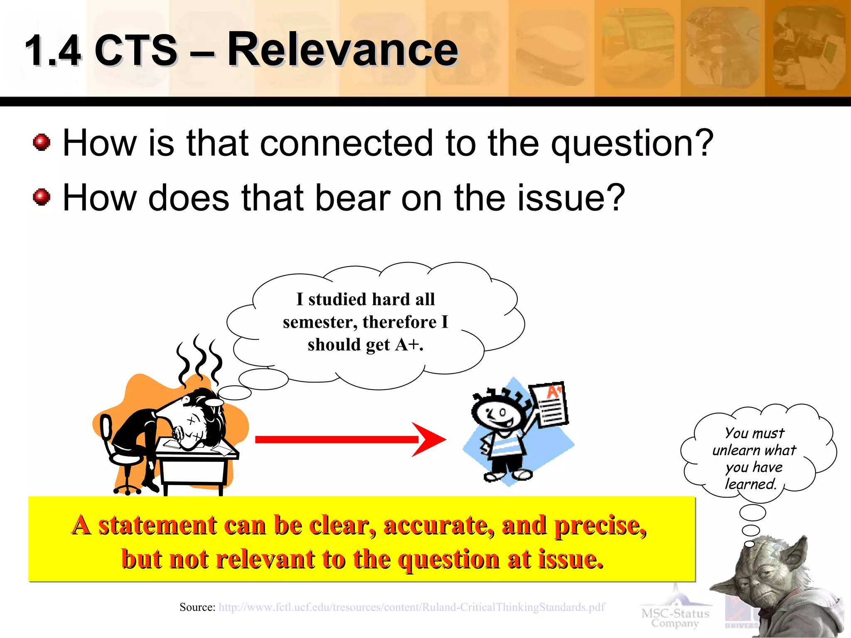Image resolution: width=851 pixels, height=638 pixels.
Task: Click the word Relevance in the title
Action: point(342,50)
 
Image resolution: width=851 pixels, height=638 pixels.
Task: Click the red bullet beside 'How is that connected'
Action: point(42,142)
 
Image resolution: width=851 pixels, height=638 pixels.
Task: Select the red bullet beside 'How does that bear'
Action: point(42,197)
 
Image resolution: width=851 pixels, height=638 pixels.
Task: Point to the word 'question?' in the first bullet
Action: point(632,143)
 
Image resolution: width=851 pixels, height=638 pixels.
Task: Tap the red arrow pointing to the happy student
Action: point(349,439)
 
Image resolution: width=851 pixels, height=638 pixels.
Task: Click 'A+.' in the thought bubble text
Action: point(409,345)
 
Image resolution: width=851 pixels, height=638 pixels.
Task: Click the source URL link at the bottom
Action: point(411,607)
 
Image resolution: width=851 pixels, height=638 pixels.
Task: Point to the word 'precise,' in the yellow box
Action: point(600,525)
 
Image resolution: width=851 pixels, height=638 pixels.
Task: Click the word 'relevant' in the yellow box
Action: point(266,559)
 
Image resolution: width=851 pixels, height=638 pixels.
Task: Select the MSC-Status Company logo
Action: point(675,617)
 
